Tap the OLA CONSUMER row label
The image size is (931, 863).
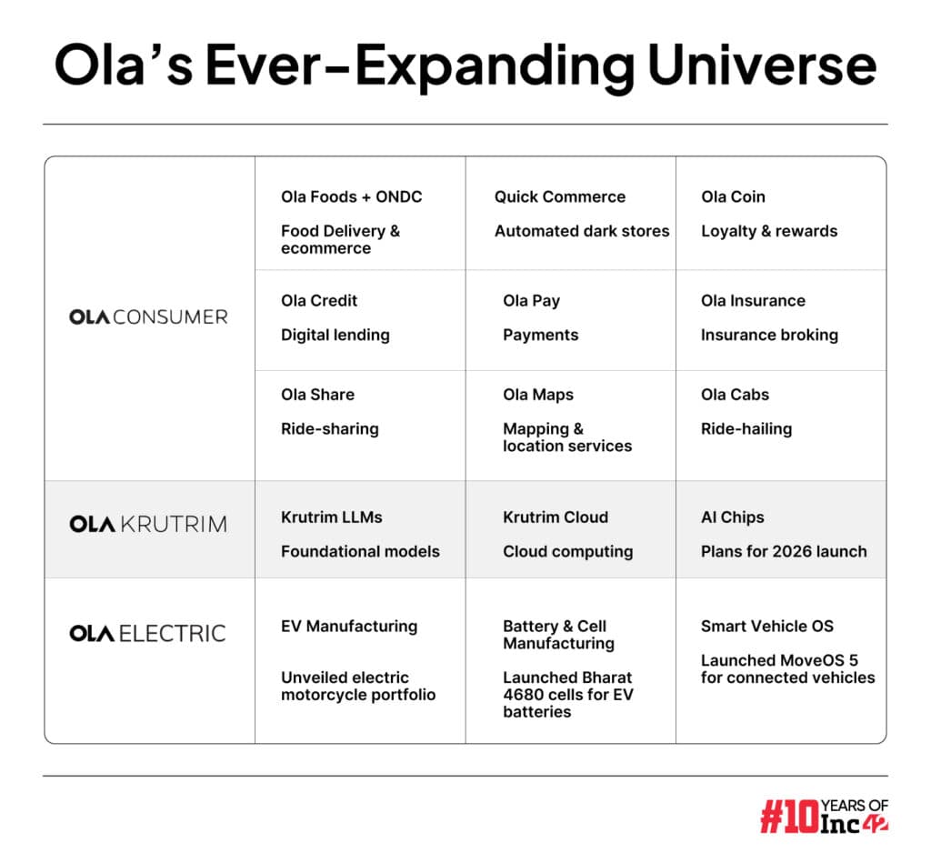tap(148, 317)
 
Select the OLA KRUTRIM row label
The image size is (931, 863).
tap(148, 525)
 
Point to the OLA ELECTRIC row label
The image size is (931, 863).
tap(147, 634)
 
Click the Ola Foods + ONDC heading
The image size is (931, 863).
tap(351, 197)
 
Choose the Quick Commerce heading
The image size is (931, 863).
tap(559, 197)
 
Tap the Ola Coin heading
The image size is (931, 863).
tap(733, 197)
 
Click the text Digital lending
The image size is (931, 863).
tap(335, 336)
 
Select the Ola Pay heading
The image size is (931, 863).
tap(531, 301)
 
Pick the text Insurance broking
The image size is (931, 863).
tap(769, 336)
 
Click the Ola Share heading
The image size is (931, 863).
tap(317, 396)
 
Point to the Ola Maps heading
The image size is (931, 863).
tap(537, 396)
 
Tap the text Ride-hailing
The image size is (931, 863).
tap(746, 429)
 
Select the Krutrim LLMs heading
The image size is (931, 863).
tap(331, 517)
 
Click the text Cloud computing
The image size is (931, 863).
tap(567, 552)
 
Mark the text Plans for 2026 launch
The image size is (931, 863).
tap(783, 552)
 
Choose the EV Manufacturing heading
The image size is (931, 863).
tap(348, 627)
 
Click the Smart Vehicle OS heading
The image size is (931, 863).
tap(766, 627)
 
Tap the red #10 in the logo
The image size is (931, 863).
tap(788, 816)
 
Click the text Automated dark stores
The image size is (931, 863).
tap(581, 232)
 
